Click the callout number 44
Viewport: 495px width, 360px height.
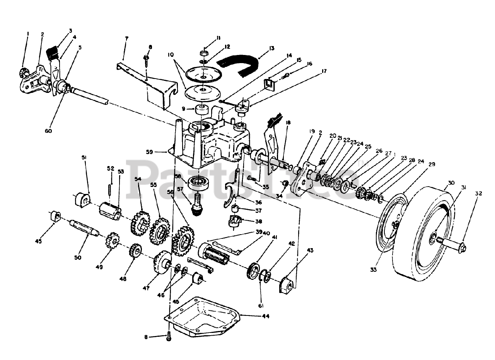click(x=265, y=316)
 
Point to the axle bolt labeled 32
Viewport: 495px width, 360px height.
click(x=456, y=245)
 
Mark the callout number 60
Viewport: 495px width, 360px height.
click(x=48, y=131)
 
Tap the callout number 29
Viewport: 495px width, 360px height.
click(x=432, y=164)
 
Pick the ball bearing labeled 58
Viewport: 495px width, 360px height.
click(x=198, y=183)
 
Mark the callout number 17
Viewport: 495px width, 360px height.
click(x=324, y=71)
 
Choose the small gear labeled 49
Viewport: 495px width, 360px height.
click(x=112, y=240)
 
